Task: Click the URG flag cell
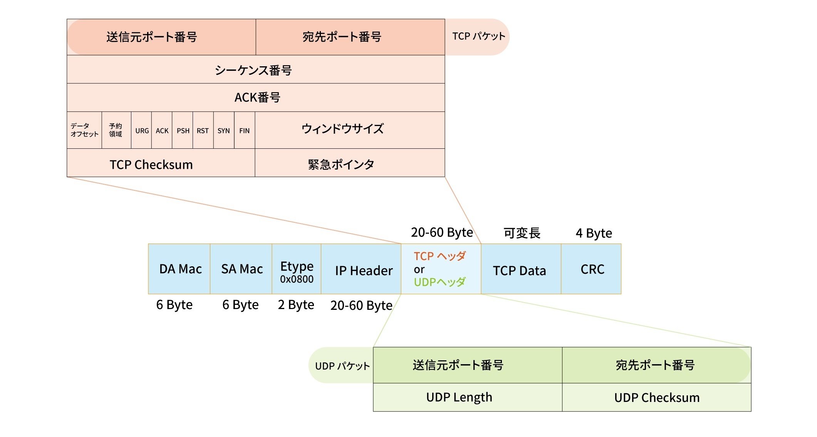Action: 142,131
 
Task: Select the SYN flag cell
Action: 223,131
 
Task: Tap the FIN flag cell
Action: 244,131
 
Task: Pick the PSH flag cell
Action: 183,131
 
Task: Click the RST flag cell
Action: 203,131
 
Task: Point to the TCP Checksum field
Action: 151,165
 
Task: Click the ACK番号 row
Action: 257,97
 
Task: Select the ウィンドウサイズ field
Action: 342,129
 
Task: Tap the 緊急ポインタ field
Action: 341,165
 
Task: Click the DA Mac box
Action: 180,269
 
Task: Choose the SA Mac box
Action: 242,269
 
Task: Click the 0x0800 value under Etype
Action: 297,279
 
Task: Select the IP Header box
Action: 363,271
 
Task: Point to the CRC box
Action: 592,269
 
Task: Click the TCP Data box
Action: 519,271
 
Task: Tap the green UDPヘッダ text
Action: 440,282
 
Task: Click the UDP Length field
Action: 459,397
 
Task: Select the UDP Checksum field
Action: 657,397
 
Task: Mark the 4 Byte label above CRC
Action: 594,233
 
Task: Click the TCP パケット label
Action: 478,36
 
